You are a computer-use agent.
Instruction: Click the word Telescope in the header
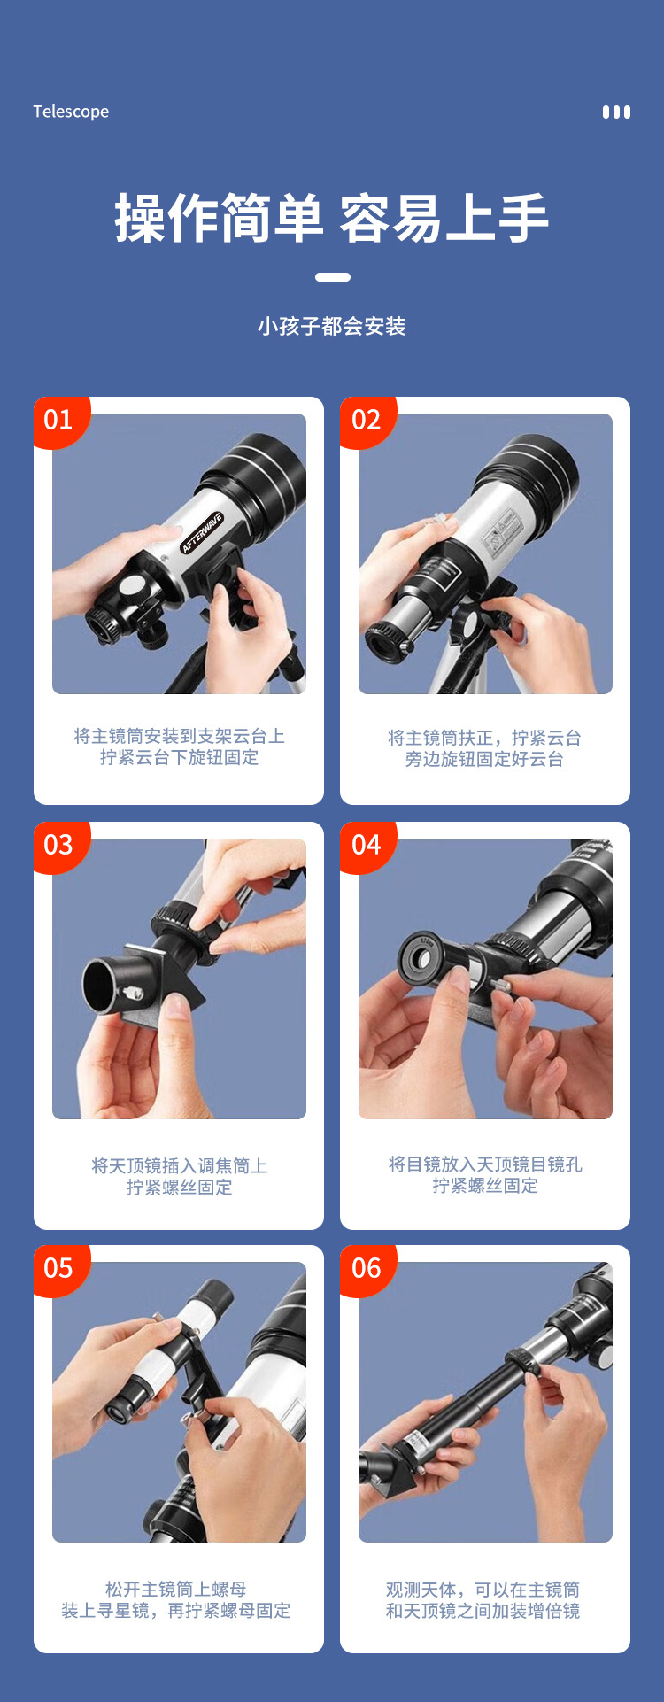coord(71,112)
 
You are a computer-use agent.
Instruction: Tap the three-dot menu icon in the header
coord(616,112)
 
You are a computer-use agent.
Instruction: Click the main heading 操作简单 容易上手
coord(332,218)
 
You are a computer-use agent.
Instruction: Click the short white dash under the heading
coord(332,277)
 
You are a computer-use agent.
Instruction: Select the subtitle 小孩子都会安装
coord(332,327)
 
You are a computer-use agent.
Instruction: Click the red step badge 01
coord(58,420)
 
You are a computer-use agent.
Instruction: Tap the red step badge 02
coord(366,420)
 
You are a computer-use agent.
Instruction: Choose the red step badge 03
coord(58,845)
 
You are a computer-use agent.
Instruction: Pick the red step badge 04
coord(366,845)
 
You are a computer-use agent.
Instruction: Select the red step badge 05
coord(58,1268)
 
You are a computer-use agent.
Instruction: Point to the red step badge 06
coord(366,1268)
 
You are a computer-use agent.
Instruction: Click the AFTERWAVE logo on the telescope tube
coord(202,532)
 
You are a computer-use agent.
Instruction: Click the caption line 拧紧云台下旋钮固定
coord(179,758)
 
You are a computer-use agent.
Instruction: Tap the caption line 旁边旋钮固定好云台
coord(484,760)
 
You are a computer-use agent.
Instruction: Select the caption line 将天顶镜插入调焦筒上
coord(179,1165)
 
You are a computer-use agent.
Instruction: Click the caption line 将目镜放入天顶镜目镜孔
coord(484,1164)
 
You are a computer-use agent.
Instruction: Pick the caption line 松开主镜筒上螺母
coord(175,1590)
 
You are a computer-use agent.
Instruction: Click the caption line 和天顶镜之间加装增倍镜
coord(483,1611)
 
